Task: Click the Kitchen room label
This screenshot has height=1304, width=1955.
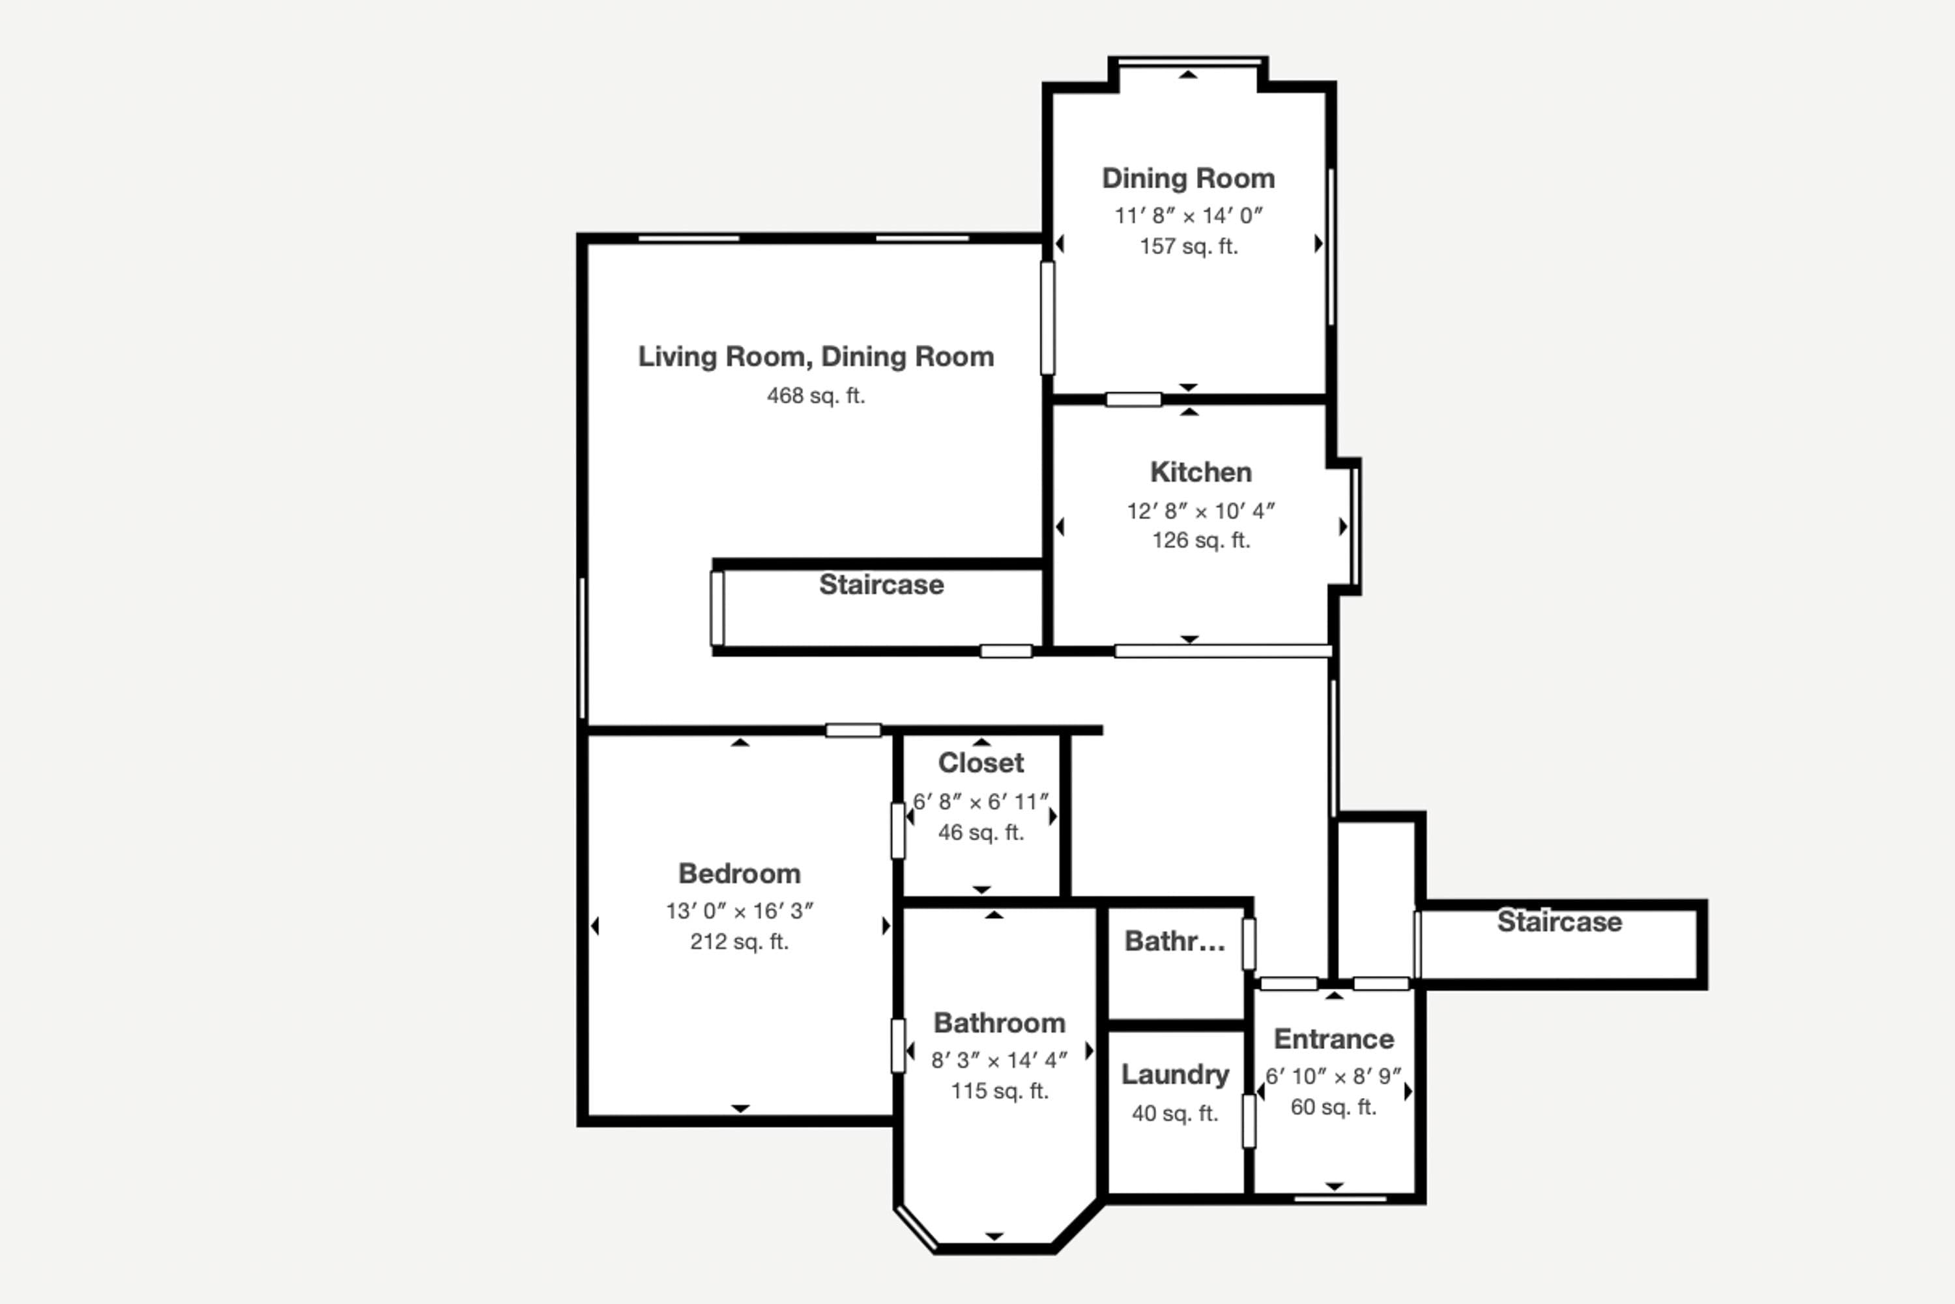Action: [1200, 472]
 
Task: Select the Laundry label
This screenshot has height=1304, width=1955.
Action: [1174, 1074]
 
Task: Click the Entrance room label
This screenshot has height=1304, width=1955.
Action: [1333, 1039]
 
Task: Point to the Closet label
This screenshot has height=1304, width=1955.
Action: [981, 763]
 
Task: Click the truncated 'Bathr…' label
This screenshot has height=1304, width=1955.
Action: [1174, 941]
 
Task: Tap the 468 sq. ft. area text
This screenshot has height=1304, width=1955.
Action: [815, 396]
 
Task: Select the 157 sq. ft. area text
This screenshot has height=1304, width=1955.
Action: [1189, 246]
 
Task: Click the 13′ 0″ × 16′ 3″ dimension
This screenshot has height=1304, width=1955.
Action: [739, 911]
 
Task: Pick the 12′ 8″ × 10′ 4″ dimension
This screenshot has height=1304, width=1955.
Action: [1200, 511]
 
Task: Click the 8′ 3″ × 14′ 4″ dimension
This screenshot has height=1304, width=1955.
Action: [999, 1060]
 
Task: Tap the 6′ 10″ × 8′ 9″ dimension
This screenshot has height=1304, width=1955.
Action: [1333, 1076]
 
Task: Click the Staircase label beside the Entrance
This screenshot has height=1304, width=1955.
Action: [1559, 921]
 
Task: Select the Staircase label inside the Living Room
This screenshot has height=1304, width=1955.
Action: [881, 585]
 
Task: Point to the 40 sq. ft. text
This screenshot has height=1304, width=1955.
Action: [1174, 1114]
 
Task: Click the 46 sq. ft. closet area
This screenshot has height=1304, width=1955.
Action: [981, 833]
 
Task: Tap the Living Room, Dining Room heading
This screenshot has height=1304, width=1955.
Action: [815, 357]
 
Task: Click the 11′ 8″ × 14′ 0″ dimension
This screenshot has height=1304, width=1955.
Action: [1189, 216]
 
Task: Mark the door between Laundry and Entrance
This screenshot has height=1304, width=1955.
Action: [1249, 1121]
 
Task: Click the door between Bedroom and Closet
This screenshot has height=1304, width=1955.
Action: [898, 830]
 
